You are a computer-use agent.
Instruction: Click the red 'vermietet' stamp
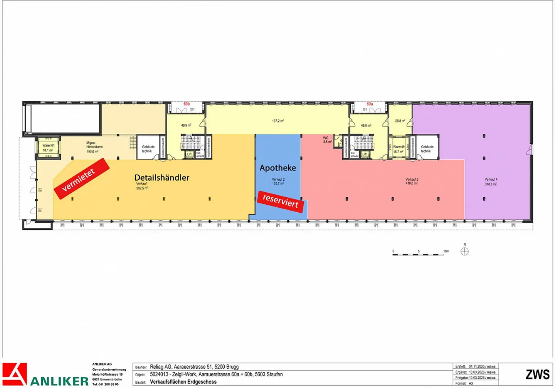tap(82, 178)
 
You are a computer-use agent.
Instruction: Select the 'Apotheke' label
tap(277, 168)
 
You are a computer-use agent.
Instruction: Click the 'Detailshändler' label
tap(162, 178)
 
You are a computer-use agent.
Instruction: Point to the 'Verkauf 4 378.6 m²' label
tap(491, 182)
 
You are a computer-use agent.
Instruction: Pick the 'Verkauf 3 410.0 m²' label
tap(412, 181)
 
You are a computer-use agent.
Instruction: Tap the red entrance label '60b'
tap(187, 104)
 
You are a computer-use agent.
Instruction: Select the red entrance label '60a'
tap(370, 104)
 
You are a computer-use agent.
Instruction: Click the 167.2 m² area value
tap(278, 121)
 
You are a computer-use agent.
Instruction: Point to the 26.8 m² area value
tap(400, 121)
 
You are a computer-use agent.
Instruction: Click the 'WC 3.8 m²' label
tap(327, 140)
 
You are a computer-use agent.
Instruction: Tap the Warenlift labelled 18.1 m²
tap(48, 148)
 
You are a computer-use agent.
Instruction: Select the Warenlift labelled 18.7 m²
tap(399, 149)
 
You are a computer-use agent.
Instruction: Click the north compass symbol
tap(465, 252)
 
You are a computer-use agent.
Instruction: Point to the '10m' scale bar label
tap(446, 251)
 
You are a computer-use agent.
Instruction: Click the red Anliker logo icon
tap(15, 374)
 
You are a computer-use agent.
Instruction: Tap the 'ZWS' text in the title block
tap(538, 374)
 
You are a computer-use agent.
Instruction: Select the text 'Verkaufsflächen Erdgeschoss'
tap(183, 382)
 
